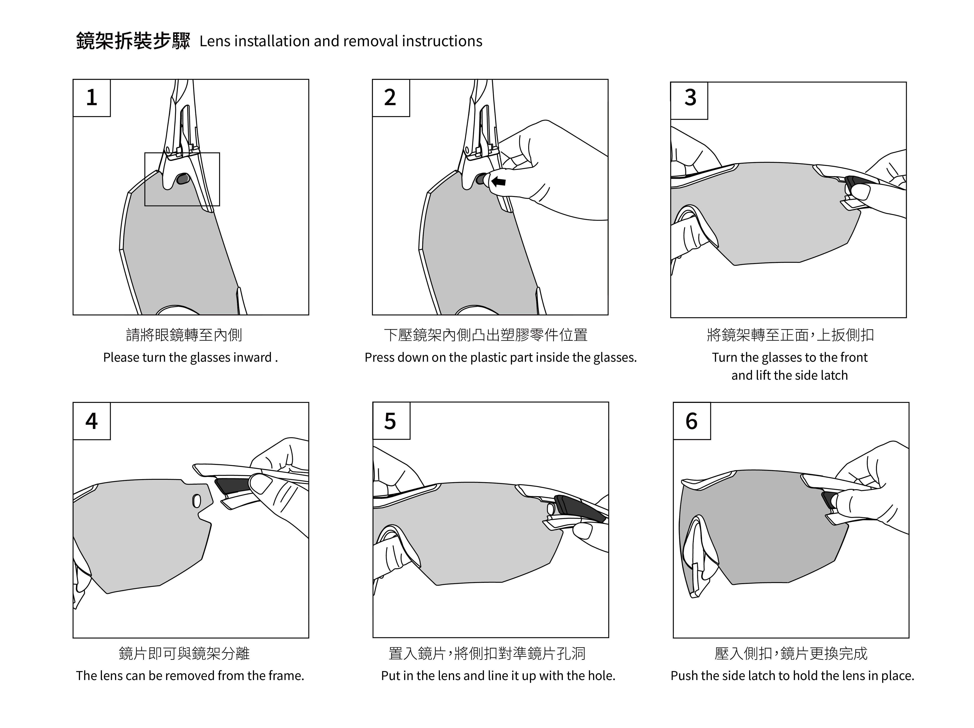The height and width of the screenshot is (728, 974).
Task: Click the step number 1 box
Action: (92, 98)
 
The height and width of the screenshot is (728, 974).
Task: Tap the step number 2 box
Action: (391, 98)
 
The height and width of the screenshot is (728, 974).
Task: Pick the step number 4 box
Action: (92, 421)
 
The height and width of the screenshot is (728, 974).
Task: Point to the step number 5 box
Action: (391, 421)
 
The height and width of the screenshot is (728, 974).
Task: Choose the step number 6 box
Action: (692, 421)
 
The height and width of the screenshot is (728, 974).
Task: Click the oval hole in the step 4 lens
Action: (197, 501)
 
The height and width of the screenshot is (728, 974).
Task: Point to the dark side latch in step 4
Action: (233, 486)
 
